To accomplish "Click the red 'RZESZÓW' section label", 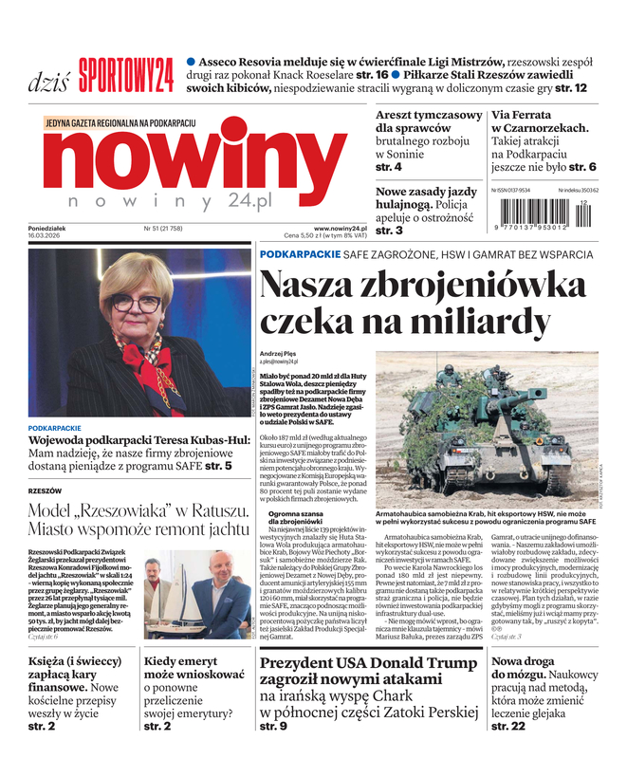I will (x=46, y=491).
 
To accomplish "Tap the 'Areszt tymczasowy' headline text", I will (x=429, y=115).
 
